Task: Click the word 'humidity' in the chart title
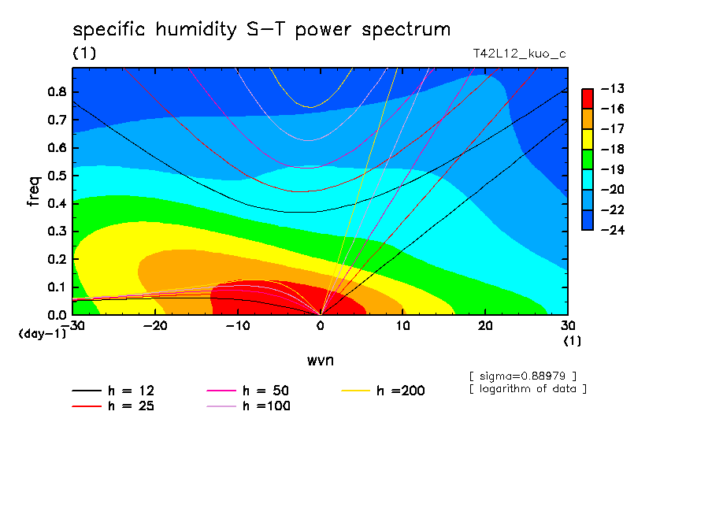tap(196, 31)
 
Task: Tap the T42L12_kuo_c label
tap(520, 54)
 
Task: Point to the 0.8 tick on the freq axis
tap(57, 91)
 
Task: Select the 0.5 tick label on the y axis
tap(57, 176)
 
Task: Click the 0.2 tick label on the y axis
tap(57, 259)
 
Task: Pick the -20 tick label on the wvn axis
tap(155, 326)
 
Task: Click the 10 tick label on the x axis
tap(402, 326)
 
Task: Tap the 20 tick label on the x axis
tap(485, 326)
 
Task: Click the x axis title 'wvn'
tap(321, 361)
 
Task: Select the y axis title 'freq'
tap(34, 191)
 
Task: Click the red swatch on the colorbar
tap(587, 98)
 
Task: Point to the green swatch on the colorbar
tap(587, 159)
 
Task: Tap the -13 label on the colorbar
tap(613, 88)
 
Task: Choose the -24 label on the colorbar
tap(613, 230)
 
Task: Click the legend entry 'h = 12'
tap(113, 391)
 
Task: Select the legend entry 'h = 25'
tap(113, 406)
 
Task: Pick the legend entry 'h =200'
tap(383, 391)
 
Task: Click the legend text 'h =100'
tap(266, 406)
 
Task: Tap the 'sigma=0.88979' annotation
tap(523, 376)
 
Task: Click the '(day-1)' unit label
tap(43, 334)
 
